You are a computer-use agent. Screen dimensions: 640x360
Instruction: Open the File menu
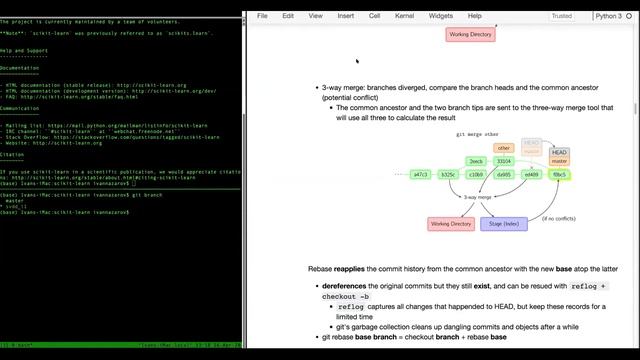262,16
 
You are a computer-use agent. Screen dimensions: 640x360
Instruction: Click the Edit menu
288,16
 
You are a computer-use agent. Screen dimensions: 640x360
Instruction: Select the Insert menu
345,16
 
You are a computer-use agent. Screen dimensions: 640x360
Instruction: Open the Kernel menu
404,16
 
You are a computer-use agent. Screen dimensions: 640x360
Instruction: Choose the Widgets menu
440,16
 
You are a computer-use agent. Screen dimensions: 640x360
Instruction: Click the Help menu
475,16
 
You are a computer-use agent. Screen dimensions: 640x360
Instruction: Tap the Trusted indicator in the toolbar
562,16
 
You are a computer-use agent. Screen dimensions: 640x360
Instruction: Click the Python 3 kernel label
607,16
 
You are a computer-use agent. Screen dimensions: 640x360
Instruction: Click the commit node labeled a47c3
421,174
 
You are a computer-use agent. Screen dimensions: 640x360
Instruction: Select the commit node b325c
448,174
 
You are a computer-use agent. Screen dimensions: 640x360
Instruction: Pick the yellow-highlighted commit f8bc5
559,174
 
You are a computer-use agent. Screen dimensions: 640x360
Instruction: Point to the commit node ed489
531,174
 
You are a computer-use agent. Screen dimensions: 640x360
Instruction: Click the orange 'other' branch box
504,148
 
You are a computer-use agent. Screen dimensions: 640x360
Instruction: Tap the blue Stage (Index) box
504,224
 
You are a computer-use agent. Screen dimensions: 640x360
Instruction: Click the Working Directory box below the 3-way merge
450,224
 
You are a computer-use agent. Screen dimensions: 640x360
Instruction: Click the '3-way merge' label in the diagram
477,198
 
